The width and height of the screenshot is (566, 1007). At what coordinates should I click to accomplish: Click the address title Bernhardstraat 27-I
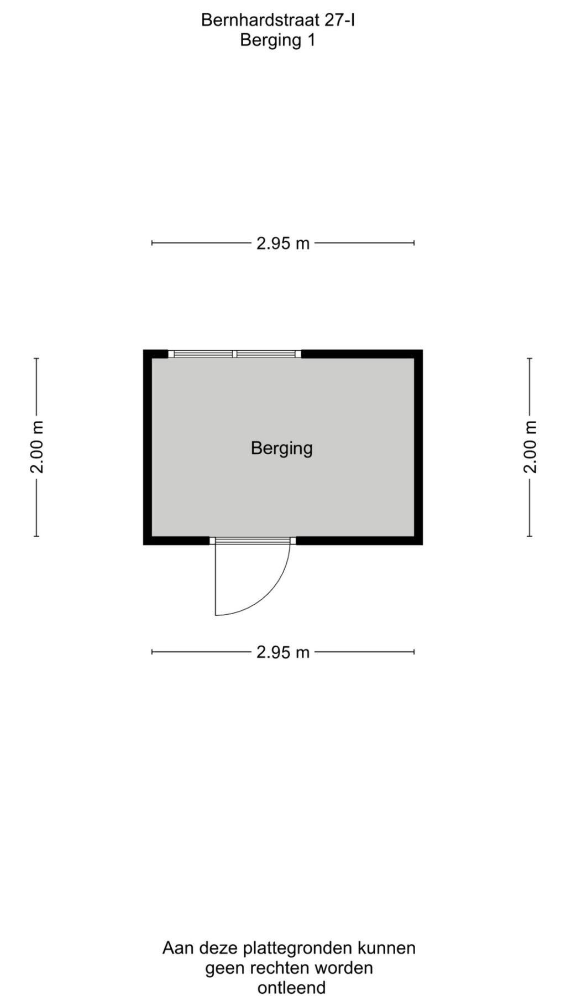(x=277, y=20)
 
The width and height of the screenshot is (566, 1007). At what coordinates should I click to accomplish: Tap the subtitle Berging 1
(x=277, y=40)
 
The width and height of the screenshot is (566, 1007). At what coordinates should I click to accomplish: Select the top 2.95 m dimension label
(x=283, y=243)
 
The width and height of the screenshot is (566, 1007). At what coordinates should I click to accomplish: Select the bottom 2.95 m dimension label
(x=283, y=652)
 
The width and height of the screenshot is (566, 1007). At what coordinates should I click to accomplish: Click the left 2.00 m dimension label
(x=37, y=447)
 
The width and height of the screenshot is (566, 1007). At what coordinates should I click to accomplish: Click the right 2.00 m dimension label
(x=530, y=447)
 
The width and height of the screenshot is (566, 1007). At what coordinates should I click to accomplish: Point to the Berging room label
(x=282, y=448)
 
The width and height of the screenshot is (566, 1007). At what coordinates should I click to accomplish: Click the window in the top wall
(x=235, y=354)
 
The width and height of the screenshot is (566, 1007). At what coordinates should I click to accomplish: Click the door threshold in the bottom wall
(x=253, y=541)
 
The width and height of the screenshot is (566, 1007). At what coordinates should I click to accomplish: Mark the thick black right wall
(x=418, y=447)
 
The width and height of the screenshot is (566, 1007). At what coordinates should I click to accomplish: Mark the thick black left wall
(x=148, y=447)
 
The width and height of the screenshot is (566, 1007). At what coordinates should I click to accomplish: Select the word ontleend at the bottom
(x=291, y=988)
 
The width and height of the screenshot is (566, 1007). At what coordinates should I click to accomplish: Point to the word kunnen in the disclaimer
(x=386, y=948)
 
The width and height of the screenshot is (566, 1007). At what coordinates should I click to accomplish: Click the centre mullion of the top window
(x=235, y=354)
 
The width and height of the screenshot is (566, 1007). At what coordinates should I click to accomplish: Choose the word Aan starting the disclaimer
(x=179, y=948)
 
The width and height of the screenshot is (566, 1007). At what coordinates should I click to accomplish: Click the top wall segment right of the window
(x=362, y=354)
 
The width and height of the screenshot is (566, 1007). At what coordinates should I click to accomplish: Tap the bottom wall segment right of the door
(x=359, y=541)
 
